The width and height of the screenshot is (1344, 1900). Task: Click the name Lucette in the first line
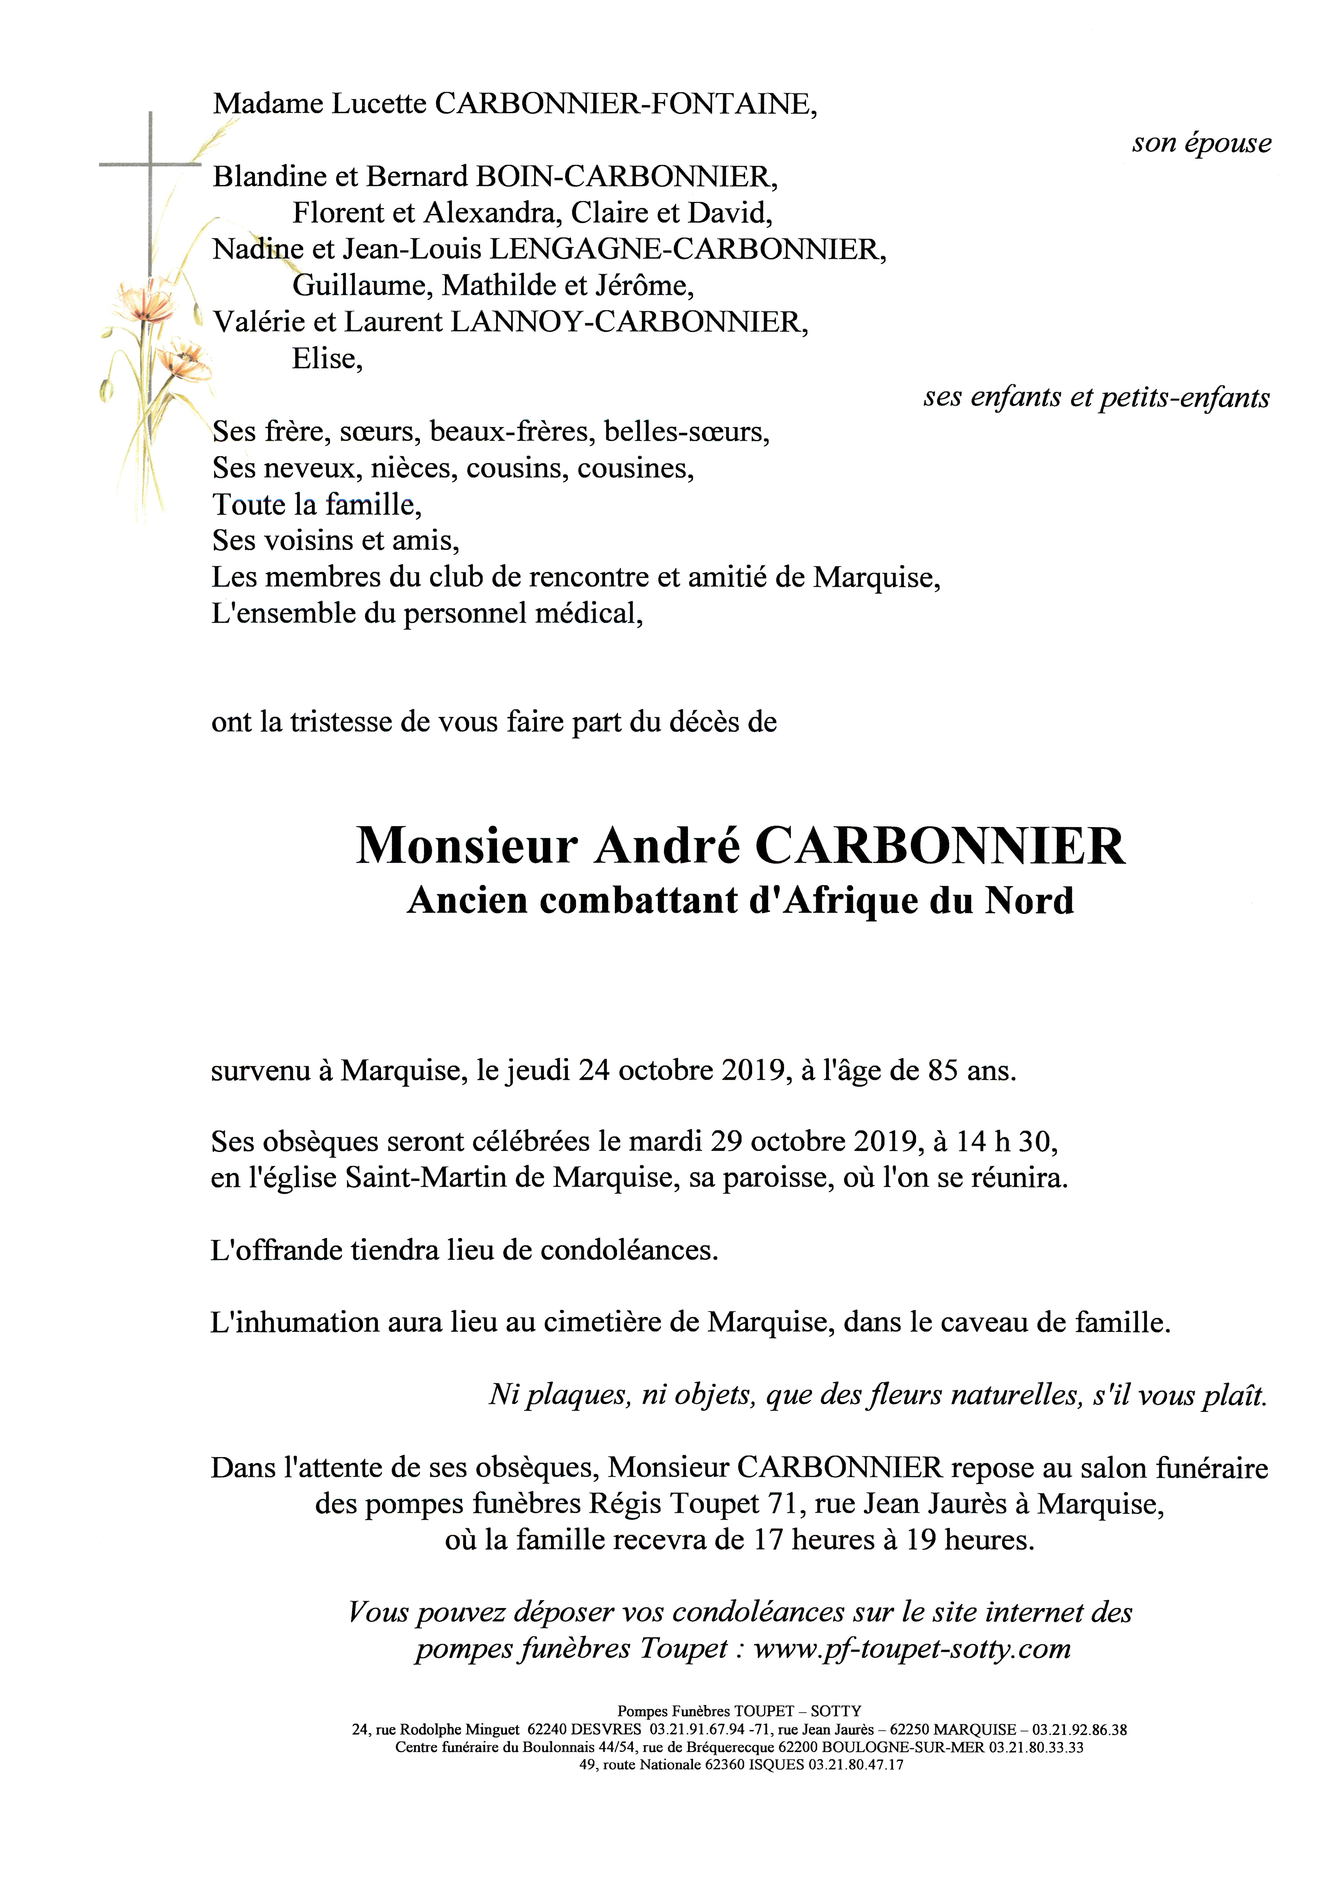(379, 104)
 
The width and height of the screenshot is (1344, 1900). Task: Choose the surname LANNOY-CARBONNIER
(627, 322)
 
